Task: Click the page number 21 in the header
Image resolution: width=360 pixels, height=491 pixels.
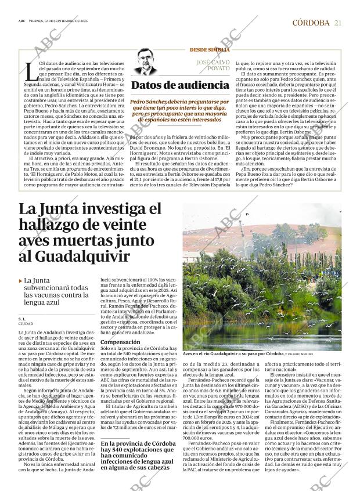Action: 338,23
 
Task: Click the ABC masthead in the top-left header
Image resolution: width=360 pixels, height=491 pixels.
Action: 21,21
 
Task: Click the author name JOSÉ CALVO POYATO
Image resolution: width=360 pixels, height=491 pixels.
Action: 214,64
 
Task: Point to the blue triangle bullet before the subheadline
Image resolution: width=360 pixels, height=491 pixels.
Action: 21,281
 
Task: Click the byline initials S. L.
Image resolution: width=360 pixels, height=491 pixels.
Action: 21,319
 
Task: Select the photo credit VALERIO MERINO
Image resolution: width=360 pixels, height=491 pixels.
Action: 302,354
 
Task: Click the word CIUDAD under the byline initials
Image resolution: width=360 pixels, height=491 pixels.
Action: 26,324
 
